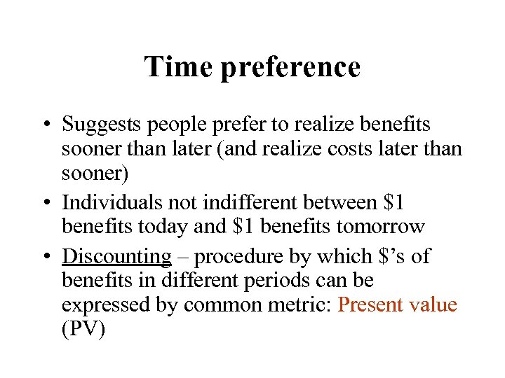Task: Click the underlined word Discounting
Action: [x=116, y=256]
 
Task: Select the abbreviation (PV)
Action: [x=83, y=330]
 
